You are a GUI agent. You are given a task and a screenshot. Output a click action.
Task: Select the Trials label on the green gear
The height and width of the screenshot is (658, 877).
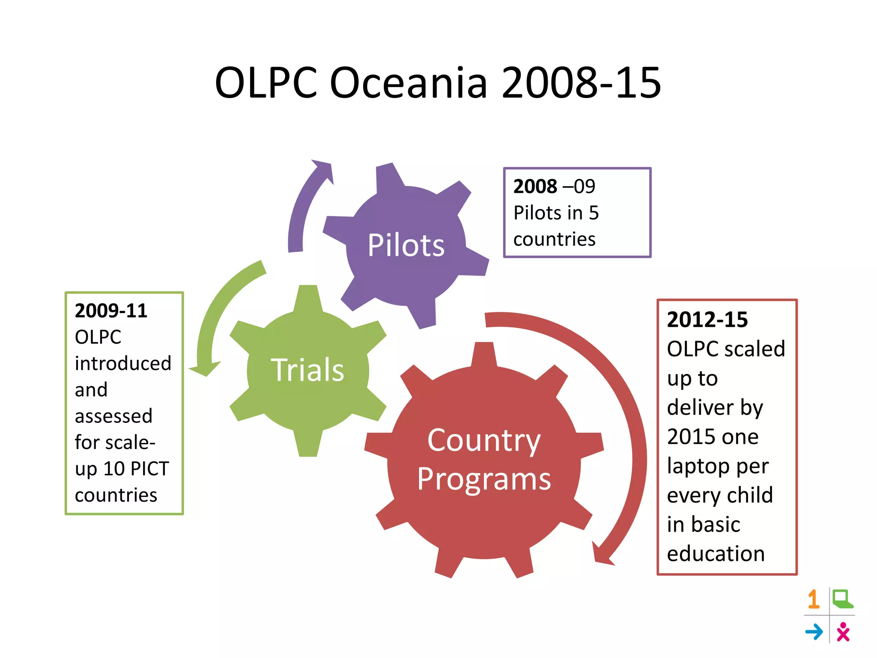307,370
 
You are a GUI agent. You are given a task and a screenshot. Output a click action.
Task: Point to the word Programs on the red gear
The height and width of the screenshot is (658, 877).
484,479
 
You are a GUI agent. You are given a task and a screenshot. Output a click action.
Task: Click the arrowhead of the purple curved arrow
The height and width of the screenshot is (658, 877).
323,169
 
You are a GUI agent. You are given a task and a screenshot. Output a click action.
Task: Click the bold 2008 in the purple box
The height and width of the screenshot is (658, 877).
535,186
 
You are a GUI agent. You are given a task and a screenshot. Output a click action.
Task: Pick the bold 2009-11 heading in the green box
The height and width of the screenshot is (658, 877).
111,311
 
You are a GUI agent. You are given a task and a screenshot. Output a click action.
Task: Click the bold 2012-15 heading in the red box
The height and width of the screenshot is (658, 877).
707,320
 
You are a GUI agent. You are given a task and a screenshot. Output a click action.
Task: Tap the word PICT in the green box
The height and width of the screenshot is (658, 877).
150,469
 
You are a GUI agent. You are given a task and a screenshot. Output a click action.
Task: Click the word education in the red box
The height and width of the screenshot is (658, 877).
716,553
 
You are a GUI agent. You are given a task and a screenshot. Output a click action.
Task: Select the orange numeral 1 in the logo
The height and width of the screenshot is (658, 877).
814,599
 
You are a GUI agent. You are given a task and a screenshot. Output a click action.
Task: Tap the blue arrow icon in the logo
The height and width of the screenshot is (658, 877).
814,632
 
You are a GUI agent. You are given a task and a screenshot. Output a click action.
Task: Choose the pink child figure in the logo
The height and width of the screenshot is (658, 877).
843,632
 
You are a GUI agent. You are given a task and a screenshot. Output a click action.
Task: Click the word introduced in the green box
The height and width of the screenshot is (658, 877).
123,363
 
